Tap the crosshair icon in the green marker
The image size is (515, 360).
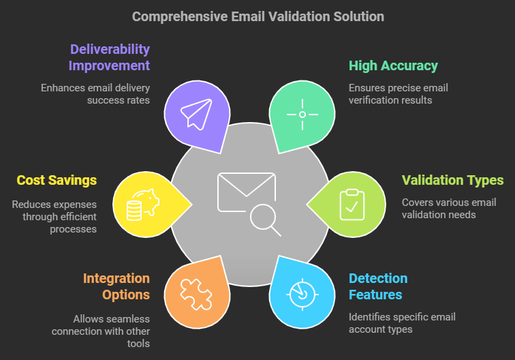(302, 115)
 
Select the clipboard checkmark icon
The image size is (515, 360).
(352, 205)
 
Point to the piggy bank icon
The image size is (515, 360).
(143, 205)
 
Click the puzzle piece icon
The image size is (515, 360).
(196, 295)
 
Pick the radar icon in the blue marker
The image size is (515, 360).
(302, 295)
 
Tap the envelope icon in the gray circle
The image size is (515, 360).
(247, 192)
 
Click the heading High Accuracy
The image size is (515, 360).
(393, 65)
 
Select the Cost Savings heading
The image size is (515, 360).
(57, 180)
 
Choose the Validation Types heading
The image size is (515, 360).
(452, 180)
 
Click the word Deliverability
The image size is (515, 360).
(110, 49)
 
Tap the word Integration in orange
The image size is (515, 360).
(116, 278)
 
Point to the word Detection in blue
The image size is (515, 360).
(378, 278)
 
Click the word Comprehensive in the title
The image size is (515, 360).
(180, 17)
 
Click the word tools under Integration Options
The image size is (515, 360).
(138, 344)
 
